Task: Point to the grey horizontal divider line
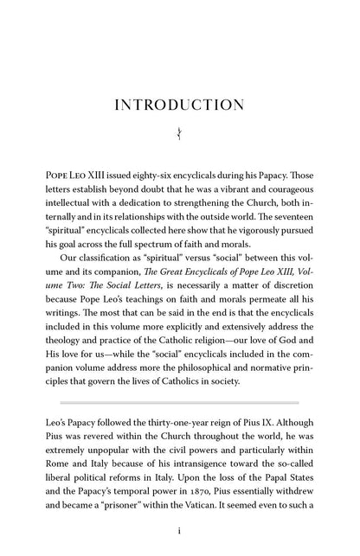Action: point(179,402)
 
